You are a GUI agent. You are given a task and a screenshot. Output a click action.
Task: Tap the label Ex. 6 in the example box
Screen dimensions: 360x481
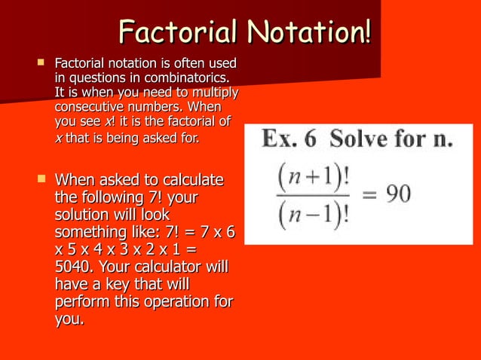285,141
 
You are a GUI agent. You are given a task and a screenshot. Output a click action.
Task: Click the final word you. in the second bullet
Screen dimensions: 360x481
69,319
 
